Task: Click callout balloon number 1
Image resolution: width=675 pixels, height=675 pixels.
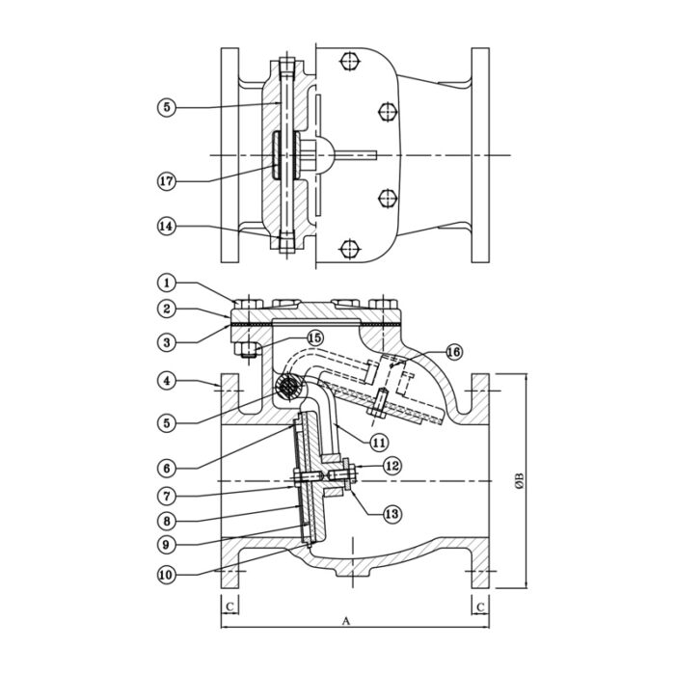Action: (x=167, y=283)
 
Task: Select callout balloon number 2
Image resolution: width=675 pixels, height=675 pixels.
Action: (x=167, y=310)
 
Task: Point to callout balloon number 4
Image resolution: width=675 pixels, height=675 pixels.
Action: (x=167, y=382)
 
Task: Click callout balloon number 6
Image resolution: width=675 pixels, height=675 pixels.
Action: (x=167, y=468)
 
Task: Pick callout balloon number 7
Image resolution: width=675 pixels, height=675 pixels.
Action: (x=167, y=497)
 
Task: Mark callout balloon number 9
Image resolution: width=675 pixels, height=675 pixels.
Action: (x=167, y=543)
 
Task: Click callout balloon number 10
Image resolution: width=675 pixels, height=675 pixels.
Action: (x=167, y=574)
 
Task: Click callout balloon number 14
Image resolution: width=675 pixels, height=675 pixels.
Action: (x=167, y=226)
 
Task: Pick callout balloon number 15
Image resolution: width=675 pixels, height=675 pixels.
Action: (x=314, y=337)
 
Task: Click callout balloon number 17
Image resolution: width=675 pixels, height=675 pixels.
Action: (x=167, y=180)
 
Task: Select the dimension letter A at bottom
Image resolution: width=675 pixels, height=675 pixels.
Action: (x=345, y=622)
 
